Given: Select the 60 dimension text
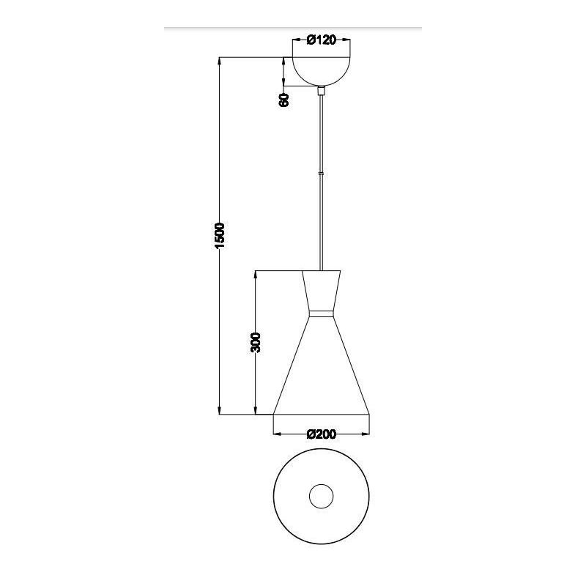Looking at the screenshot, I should tap(284, 100).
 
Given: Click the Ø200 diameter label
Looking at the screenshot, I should tap(321, 434).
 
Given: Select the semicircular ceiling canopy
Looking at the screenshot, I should tap(321, 70).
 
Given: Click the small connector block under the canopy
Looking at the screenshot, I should tap(321, 92).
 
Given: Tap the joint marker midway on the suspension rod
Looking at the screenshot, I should tap(321, 173).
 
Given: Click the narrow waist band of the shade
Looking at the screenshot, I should tap(321, 314).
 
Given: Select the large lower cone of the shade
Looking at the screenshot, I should tap(321, 374).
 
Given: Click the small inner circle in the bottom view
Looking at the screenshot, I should tap(321, 497).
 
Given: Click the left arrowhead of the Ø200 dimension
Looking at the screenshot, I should tap(276, 434).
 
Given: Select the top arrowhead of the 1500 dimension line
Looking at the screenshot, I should tap(220, 61).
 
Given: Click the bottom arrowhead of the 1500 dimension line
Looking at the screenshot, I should tap(220, 412).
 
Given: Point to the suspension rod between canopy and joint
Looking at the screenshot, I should tap(321, 132).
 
